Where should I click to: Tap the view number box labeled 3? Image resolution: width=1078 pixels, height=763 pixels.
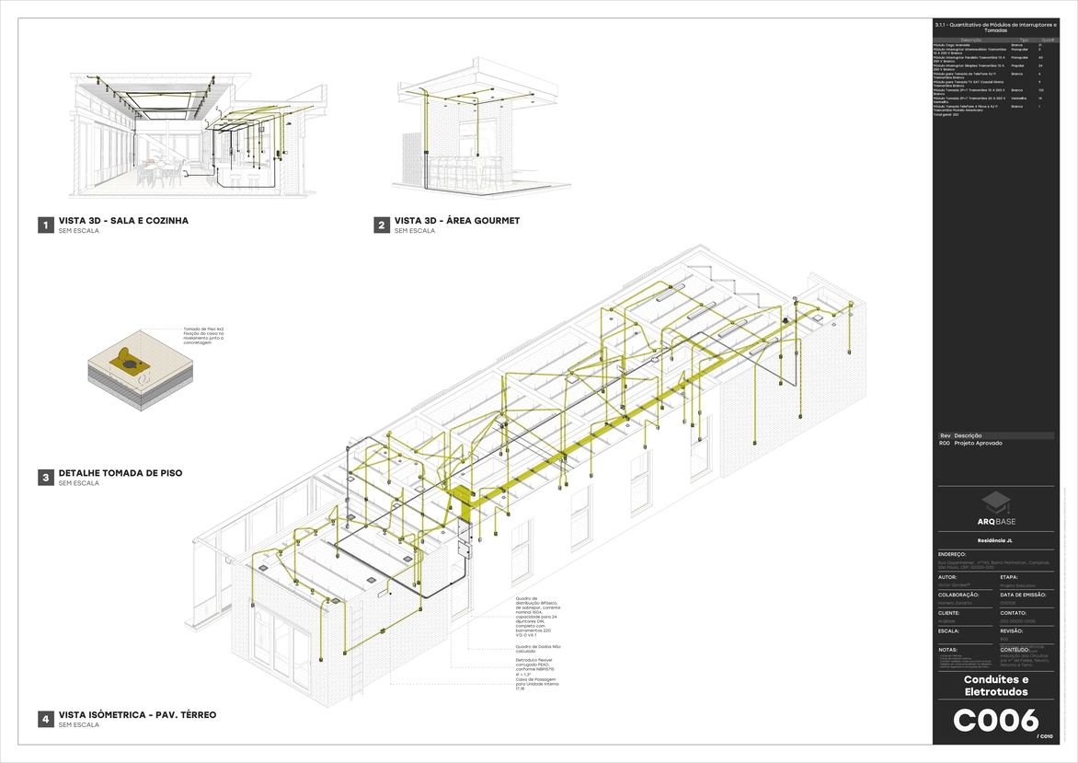click(x=44, y=478)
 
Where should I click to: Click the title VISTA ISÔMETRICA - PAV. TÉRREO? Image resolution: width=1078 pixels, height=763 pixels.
click(x=137, y=714)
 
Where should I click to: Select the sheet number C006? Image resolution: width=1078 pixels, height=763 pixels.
click(x=995, y=721)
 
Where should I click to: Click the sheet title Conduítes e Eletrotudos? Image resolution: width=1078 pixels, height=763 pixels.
click(x=995, y=686)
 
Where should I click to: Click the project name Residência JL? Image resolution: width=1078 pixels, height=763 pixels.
click(x=995, y=541)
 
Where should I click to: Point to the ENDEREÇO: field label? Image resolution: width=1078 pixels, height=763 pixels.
click(x=952, y=554)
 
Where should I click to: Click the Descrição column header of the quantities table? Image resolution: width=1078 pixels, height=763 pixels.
click(x=971, y=40)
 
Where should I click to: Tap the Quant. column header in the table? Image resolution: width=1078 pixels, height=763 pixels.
click(x=1046, y=40)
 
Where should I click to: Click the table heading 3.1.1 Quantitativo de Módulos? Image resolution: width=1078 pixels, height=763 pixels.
click(x=995, y=27)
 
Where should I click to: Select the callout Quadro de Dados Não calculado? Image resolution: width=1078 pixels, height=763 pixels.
click(x=537, y=649)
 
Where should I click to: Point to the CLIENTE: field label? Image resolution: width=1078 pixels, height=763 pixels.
click(x=949, y=612)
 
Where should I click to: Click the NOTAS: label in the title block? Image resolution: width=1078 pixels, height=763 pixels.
click(x=947, y=649)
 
